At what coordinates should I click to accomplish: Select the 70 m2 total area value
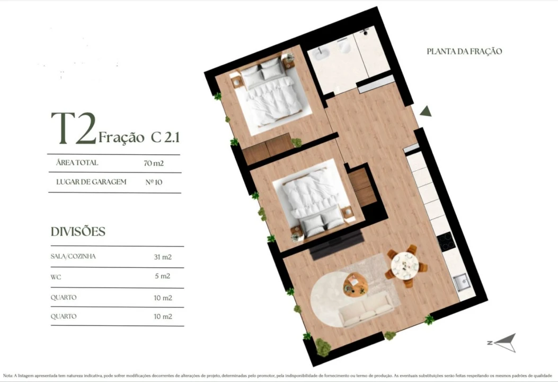click(x=154, y=163)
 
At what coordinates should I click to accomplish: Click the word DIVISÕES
click(x=78, y=232)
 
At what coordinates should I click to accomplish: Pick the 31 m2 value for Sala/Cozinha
click(x=163, y=257)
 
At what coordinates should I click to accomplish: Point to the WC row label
click(x=56, y=276)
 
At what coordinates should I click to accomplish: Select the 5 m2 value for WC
click(x=163, y=276)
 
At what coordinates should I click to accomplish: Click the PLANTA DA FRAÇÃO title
click(x=464, y=51)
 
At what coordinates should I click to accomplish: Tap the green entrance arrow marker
click(x=426, y=111)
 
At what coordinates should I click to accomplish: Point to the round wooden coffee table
click(x=355, y=284)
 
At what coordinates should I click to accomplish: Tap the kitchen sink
click(x=460, y=281)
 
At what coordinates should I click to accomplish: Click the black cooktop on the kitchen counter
click(x=446, y=241)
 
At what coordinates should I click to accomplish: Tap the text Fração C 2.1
click(x=139, y=137)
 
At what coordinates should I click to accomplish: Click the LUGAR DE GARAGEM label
click(x=91, y=182)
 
